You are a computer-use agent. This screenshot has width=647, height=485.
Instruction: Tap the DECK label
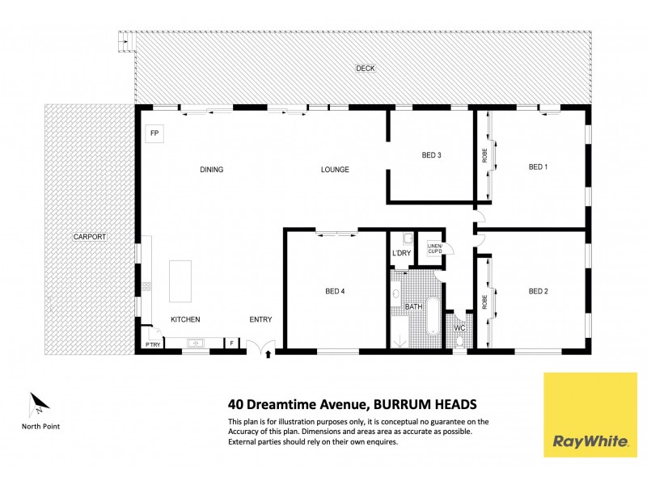[x=366, y=68]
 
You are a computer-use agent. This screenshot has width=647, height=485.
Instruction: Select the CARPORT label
[x=90, y=237]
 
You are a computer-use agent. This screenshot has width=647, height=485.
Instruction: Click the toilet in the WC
[x=459, y=341]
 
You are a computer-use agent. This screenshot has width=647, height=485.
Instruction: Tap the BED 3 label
[x=432, y=155]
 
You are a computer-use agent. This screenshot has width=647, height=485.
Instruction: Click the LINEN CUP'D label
[x=434, y=250]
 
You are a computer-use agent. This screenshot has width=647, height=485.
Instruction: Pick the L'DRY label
[x=402, y=254]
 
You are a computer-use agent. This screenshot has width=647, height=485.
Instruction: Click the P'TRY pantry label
[x=152, y=344]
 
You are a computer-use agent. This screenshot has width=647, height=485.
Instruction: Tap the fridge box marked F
[x=232, y=344]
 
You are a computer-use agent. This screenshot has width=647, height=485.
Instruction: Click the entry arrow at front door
[x=269, y=352]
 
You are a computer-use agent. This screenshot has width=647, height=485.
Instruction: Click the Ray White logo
[x=590, y=415]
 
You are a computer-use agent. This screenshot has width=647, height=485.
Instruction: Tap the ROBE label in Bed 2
[x=484, y=302]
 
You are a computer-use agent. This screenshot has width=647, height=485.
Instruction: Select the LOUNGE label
[x=335, y=170]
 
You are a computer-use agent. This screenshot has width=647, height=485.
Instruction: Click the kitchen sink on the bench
[x=195, y=344]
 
